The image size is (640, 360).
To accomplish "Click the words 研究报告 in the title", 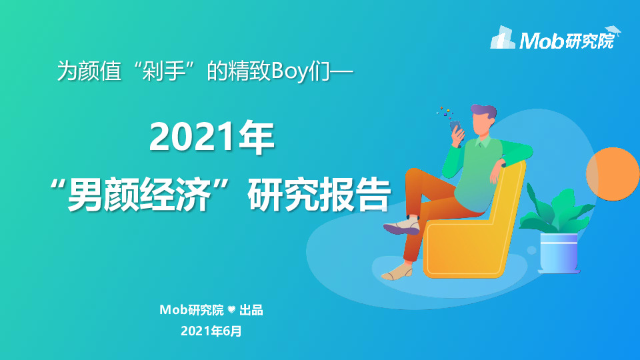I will [x=317, y=194].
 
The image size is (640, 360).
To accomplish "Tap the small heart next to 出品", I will [x=231, y=310].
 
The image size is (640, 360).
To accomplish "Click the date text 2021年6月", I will [x=211, y=330].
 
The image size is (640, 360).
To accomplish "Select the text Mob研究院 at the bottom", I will [x=192, y=310].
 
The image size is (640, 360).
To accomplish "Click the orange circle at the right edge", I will [x=613, y=174].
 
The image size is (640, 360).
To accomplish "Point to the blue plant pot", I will [x=558, y=253].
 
